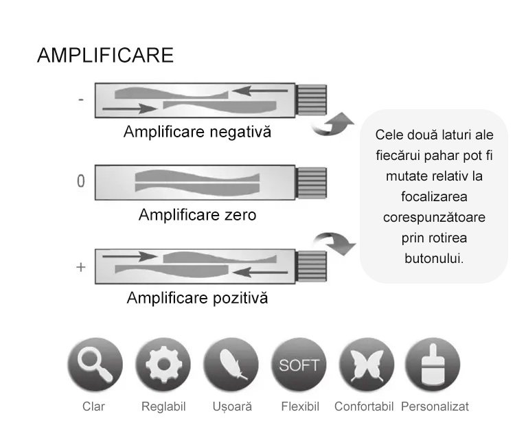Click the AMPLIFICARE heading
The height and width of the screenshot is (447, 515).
[105, 56]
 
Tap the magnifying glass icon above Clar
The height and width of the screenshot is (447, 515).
[94, 365]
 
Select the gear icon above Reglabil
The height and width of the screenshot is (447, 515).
[162, 365]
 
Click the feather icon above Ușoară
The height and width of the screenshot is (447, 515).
[231, 365]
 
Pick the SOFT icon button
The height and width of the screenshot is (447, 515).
[299, 365]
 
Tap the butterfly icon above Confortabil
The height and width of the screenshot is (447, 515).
[367, 365]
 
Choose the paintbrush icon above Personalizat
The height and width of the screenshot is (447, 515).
[433, 365]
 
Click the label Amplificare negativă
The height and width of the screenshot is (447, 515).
[197, 131]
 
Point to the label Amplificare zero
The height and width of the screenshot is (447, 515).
[197, 215]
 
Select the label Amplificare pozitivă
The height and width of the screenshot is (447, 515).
[197, 299]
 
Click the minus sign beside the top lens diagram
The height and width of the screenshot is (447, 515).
[81, 100]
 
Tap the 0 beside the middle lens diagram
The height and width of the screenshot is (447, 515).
[81, 182]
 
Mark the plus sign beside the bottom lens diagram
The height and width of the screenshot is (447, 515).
[81, 266]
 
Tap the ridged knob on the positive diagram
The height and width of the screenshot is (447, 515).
[310, 266]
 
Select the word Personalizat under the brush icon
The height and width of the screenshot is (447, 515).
[435, 406]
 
